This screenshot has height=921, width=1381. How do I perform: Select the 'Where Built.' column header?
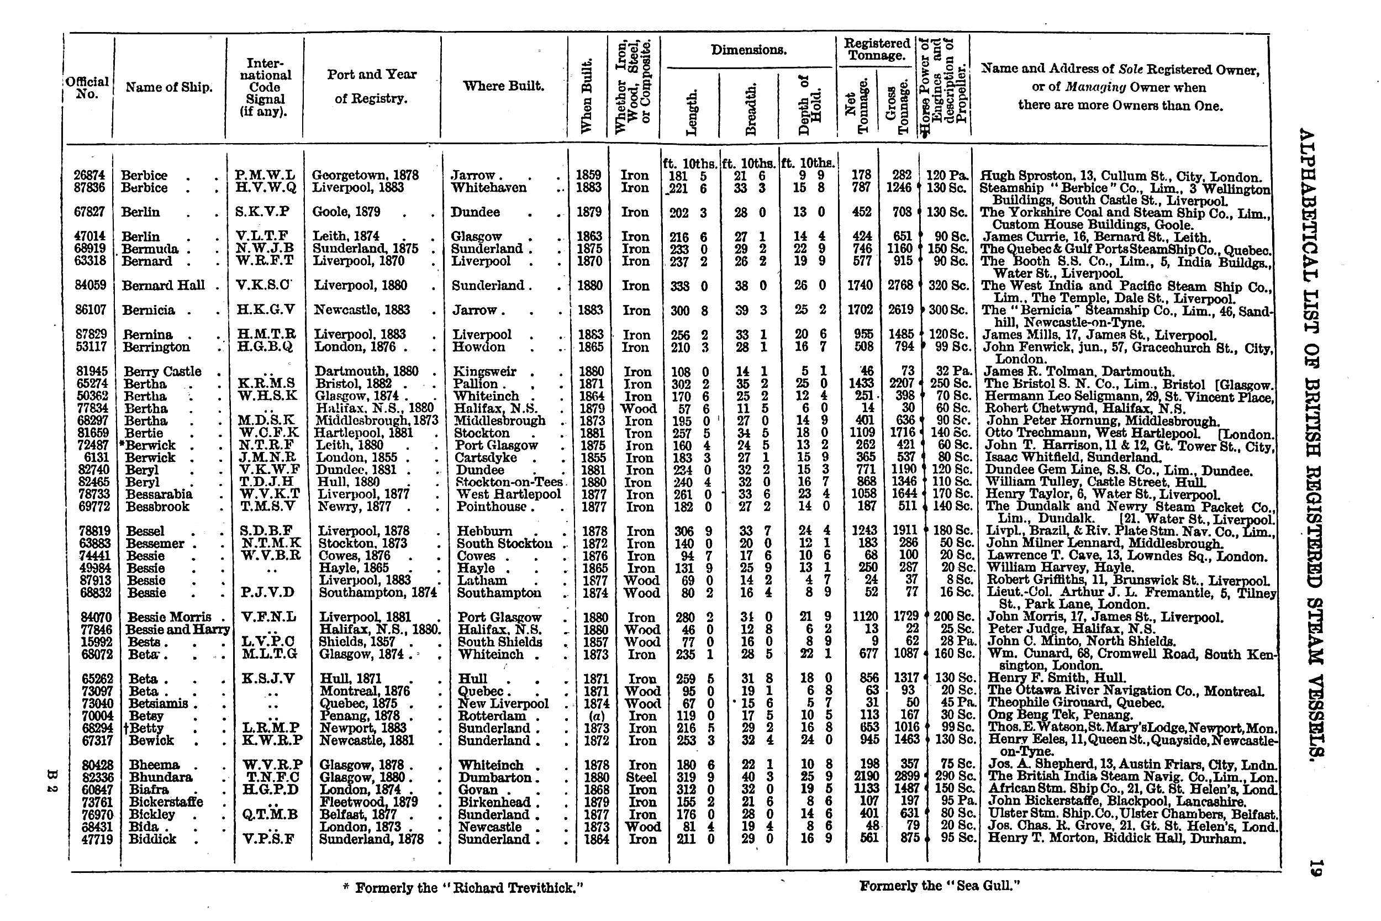tap(503, 86)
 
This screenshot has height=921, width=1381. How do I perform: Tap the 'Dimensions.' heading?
tap(748, 50)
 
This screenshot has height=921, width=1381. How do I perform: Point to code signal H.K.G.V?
tap(265, 310)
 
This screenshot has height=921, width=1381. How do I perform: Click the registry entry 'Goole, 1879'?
tap(346, 212)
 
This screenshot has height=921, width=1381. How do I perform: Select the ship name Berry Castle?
tap(162, 372)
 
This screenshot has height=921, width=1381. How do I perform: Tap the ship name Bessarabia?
tap(159, 494)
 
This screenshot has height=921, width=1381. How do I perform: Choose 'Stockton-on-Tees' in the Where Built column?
tap(509, 482)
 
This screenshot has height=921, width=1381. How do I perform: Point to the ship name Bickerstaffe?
tap(166, 802)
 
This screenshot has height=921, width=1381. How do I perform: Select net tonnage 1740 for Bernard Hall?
tap(860, 286)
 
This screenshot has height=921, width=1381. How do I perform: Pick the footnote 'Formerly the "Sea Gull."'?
tap(939, 886)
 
